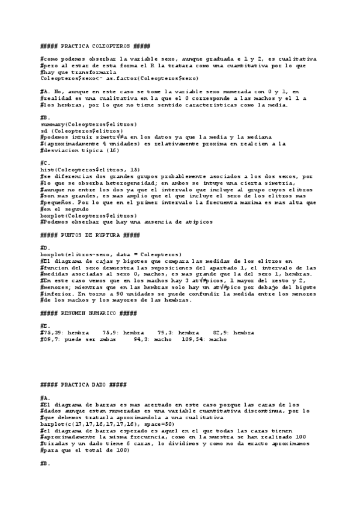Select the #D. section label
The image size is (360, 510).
point(44,247)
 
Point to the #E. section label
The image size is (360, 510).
point(44,325)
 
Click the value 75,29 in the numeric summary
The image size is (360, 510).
point(51,333)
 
